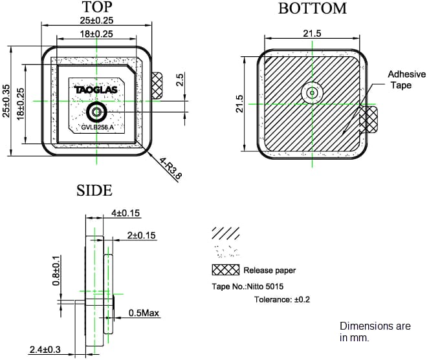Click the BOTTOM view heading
312,8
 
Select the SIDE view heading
94,190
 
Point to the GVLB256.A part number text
97,127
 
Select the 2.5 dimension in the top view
181,79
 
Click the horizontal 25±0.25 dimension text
96,21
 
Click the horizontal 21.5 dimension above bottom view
312,34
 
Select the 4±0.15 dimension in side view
126,213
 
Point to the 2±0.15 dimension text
142,236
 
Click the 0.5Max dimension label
144,313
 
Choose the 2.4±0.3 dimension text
45,350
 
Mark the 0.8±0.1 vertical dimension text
56,270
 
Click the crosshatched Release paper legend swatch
225,270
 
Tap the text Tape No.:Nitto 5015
248,286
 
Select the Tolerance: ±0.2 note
281,299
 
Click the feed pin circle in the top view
96,113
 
